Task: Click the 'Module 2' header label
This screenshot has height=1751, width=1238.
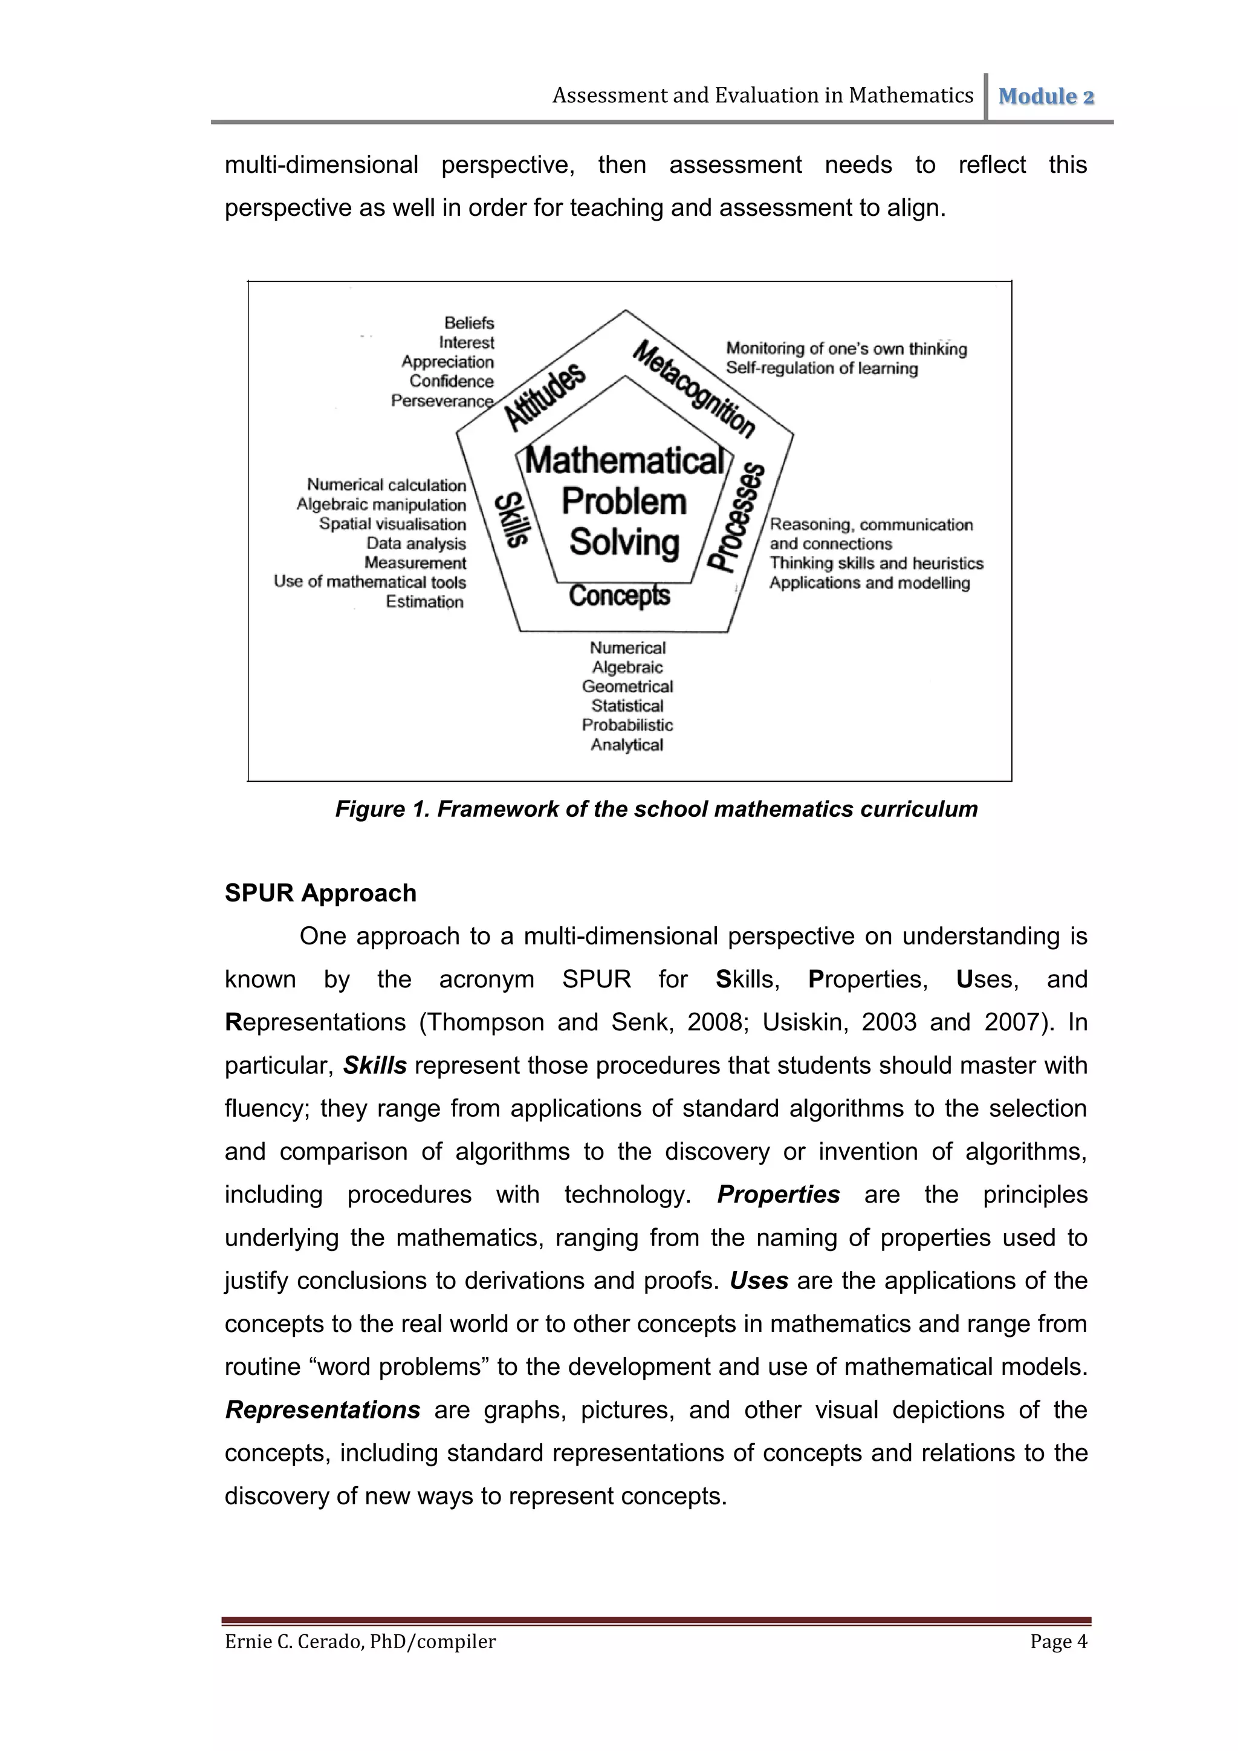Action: (1046, 97)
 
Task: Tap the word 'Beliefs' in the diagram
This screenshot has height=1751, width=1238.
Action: (469, 323)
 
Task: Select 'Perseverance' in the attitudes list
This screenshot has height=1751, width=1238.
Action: (442, 401)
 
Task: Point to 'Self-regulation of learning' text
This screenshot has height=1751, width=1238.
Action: (821, 368)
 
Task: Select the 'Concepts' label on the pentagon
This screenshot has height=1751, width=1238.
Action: (619, 596)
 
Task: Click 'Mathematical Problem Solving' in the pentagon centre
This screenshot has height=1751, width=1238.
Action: (624, 502)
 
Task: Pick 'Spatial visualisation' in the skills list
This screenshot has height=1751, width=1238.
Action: (392, 524)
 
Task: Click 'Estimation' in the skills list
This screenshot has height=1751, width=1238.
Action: (424, 602)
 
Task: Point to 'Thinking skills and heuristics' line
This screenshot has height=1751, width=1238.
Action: (876, 564)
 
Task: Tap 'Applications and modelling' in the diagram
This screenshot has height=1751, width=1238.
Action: (869, 583)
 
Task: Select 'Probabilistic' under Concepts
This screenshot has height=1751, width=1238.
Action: (627, 726)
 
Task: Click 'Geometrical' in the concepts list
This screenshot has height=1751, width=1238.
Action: (627, 686)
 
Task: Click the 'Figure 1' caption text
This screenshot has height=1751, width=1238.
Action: (656, 809)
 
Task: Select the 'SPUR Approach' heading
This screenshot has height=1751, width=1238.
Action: (320, 893)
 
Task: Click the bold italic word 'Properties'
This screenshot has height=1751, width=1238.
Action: (779, 1194)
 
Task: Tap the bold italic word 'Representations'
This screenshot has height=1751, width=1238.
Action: (322, 1410)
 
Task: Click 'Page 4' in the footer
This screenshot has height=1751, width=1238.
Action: (1058, 1642)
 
